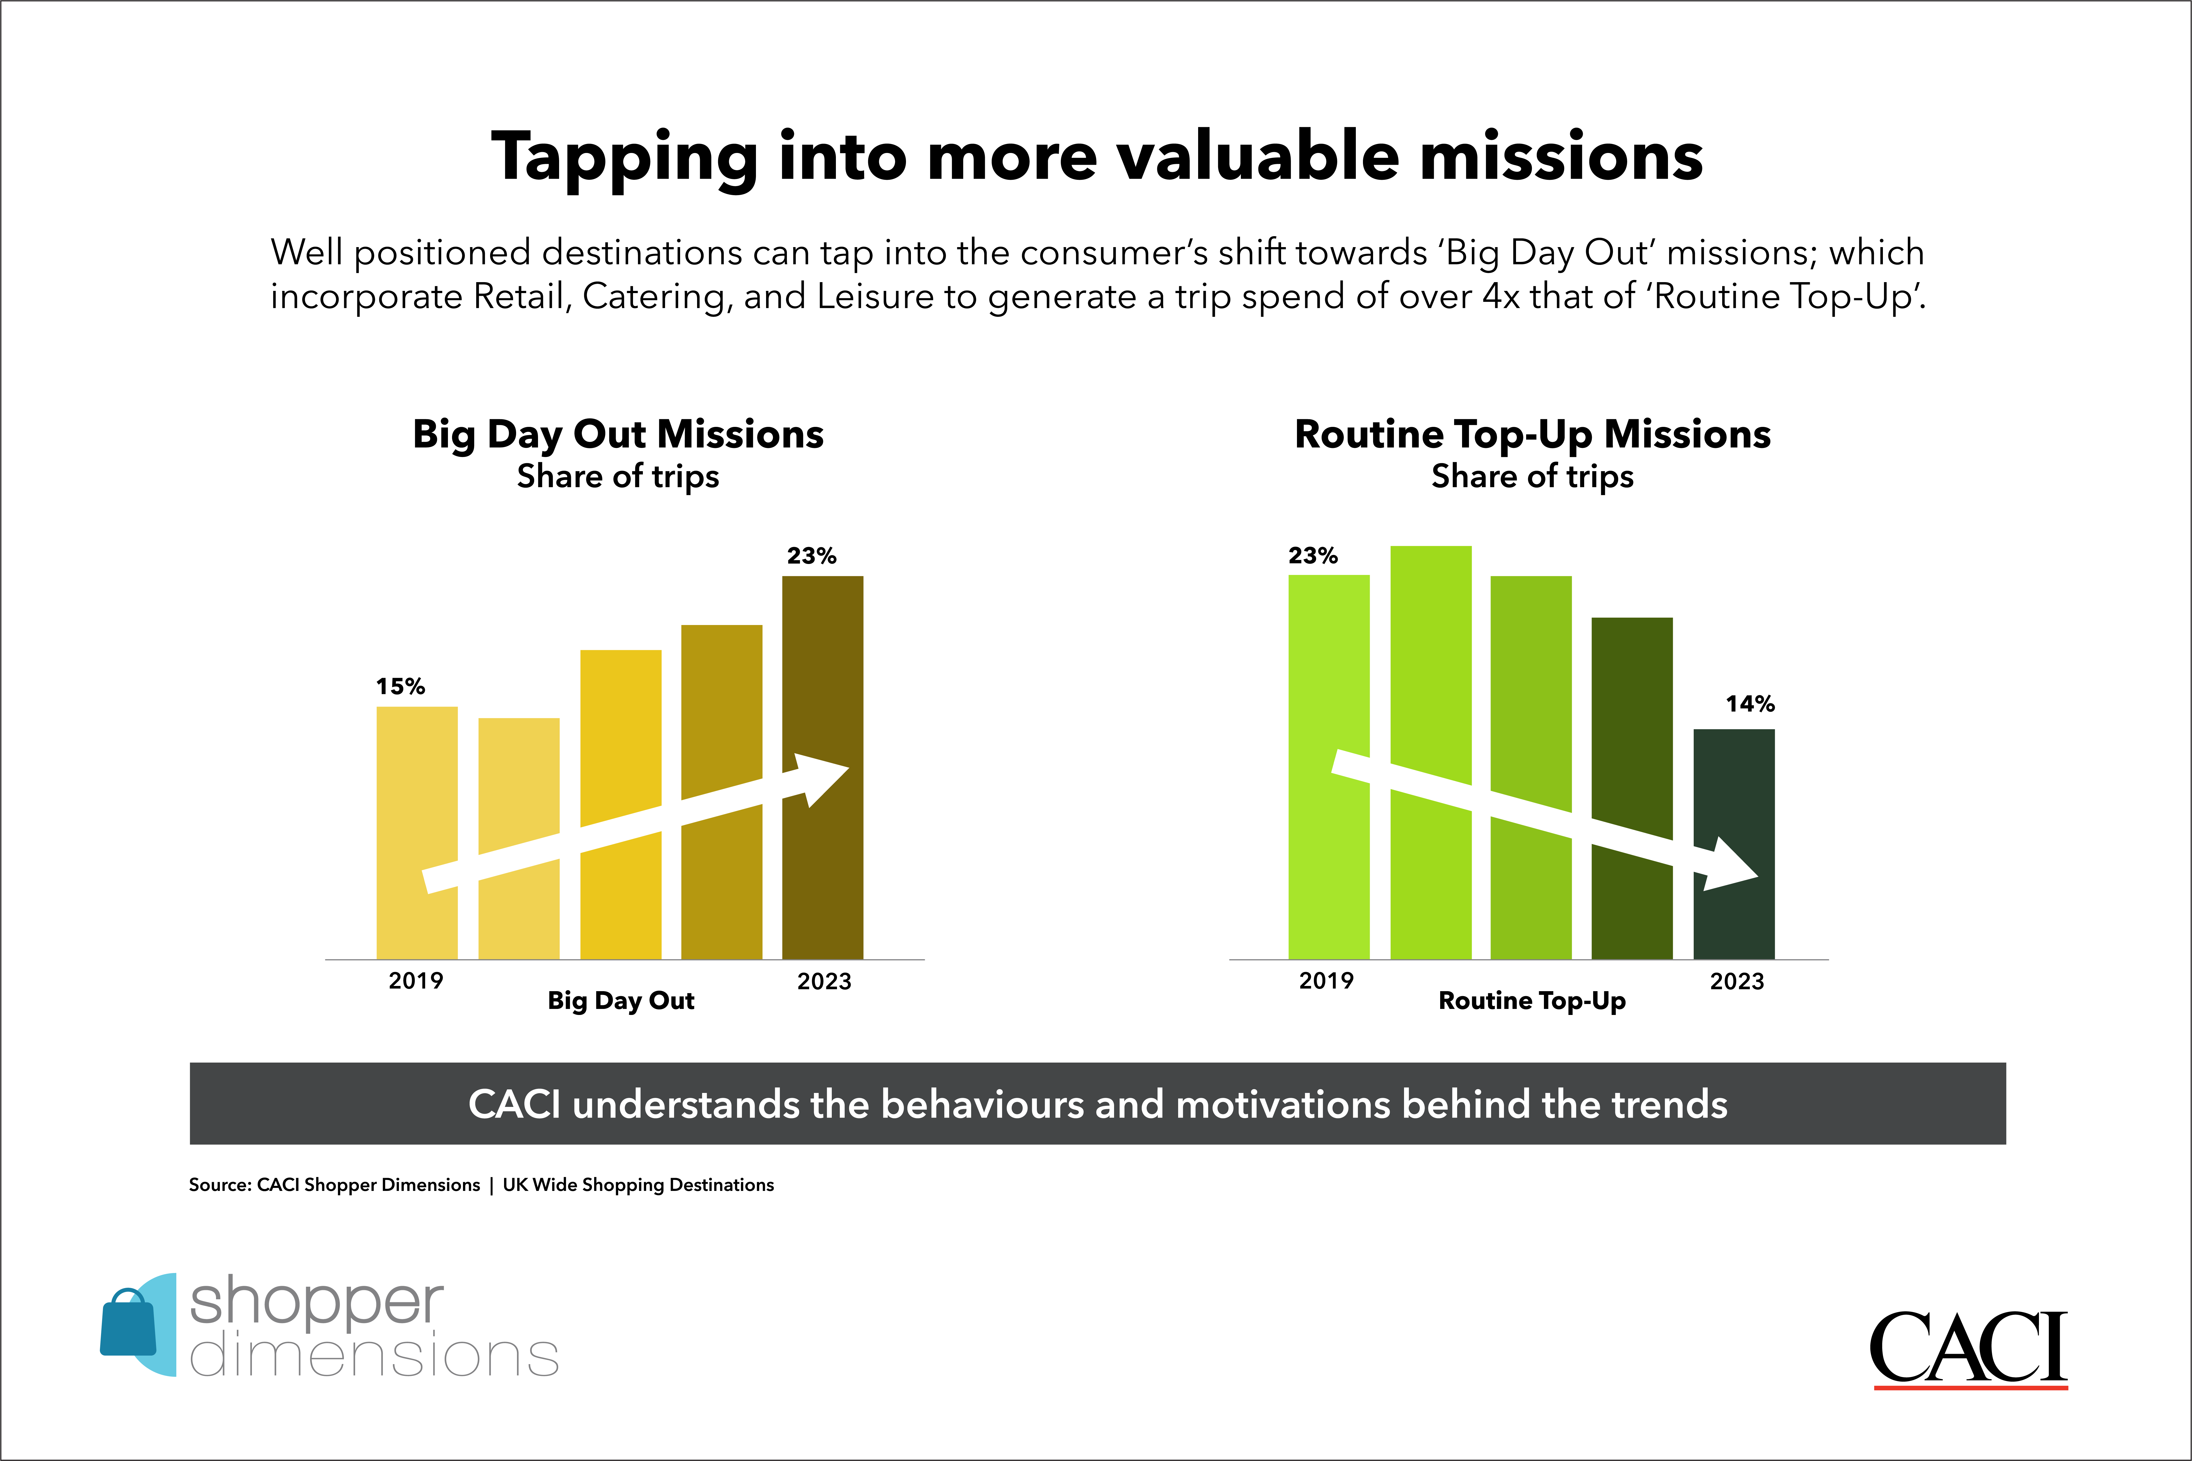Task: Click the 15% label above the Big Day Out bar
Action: tap(401, 687)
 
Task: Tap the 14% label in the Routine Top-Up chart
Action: tap(1750, 704)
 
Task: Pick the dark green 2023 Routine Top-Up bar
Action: tap(1734, 844)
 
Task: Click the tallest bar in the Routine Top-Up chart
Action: tap(1431, 753)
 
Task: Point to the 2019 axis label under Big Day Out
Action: tap(416, 981)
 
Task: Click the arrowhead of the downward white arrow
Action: tap(1731, 865)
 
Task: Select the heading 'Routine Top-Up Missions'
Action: tap(1533, 434)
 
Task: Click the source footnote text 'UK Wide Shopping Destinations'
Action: tap(638, 1185)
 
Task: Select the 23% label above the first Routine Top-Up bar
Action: tap(1313, 556)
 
